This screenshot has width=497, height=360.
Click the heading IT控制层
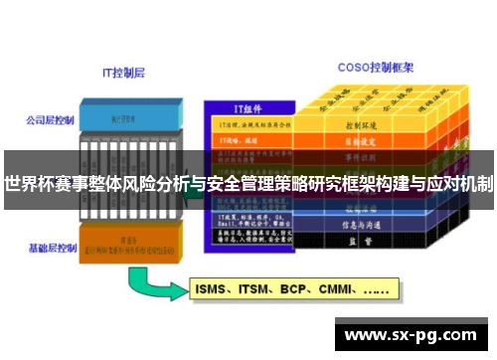(x=125, y=73)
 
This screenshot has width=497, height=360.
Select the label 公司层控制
(x=50, y=120)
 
